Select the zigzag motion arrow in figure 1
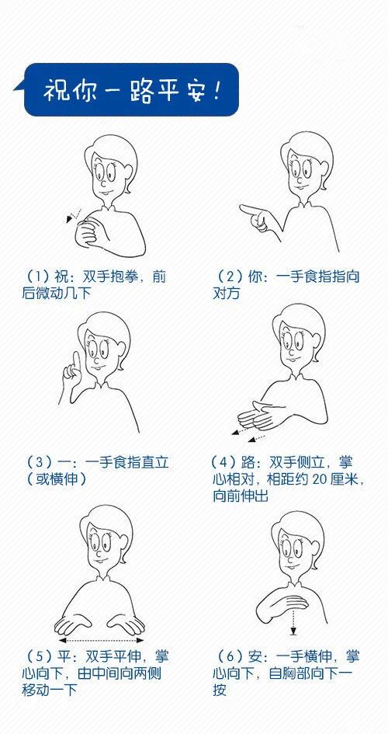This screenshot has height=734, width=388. [x=74, y=215]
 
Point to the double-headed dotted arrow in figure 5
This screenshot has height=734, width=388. [x=101, y=640]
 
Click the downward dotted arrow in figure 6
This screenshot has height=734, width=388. [x=293, y=621]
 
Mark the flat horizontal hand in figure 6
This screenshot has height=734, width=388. [x=289, y=602]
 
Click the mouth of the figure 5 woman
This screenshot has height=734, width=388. [x=100, y=560]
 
